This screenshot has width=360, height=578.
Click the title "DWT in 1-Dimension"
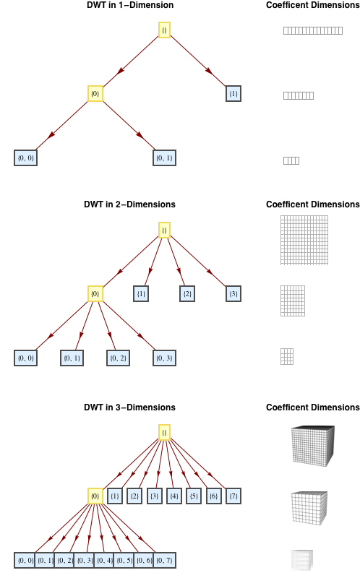tap(130, 5)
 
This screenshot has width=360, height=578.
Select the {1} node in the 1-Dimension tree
tap(233, 94)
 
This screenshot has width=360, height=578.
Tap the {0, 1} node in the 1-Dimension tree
tap(165, 158)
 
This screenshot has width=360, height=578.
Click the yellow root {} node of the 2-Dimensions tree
tap(165, 230)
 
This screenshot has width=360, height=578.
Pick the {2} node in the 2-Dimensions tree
tap(187, 294)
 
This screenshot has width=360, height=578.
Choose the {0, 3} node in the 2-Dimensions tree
tap(165, 358)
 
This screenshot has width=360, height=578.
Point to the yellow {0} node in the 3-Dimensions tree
tap(95, 496)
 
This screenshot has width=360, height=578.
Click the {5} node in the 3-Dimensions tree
tap(194, 496)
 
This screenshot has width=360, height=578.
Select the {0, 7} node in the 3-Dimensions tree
tap(165, 561)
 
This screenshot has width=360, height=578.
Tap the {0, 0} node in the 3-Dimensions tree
tap(25, 561)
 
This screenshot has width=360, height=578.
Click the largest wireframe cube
tap(313, 446)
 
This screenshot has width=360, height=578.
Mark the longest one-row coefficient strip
tap(313, 30)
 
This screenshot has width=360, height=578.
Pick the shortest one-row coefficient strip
tap(291, 160)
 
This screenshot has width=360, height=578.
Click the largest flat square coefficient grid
tap(304, 241)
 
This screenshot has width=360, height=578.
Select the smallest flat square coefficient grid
tap(287, 356)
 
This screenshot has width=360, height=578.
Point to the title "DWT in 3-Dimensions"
tap(130, 407)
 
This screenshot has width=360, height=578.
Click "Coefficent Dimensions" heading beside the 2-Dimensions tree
tap(313, 204)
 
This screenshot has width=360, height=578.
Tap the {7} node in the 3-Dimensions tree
tap(233, 496)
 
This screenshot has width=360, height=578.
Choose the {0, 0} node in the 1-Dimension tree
tap(25, 158)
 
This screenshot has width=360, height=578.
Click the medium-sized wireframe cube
tap(309, 508)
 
